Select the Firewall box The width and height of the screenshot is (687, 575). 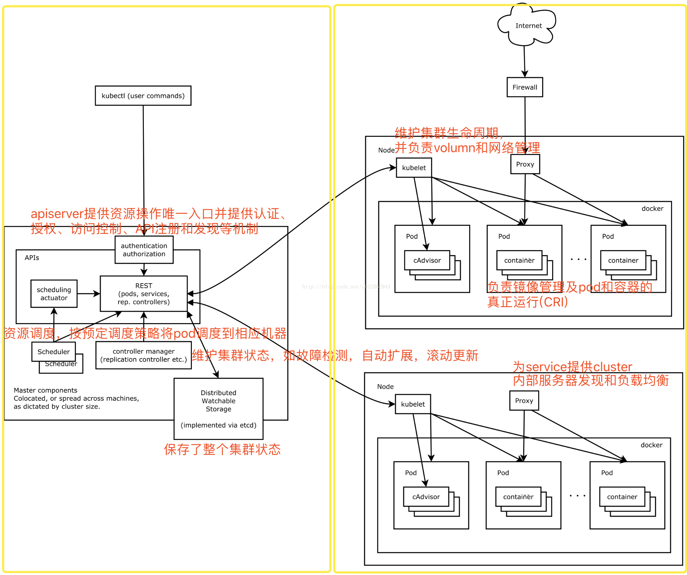click(525, 87)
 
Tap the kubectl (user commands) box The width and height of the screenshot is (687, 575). click(143, 96)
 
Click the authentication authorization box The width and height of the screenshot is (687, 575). click(144, 250)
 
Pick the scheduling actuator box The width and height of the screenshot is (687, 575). click(54, 294)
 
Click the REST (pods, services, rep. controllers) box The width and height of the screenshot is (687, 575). click(143, 294)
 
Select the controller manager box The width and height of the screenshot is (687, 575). click(143, 355)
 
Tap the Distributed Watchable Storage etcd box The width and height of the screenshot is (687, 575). click(218, 409)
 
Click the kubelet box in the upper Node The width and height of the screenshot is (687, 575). click(414, 168)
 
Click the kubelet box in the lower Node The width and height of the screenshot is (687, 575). click(413, 404)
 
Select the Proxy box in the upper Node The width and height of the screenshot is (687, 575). click(525, 164)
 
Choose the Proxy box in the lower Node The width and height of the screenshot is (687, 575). click(524, 400)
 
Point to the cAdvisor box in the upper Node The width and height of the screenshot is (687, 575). click(427, 260)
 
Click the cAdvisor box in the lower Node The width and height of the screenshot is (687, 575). click(426, 497)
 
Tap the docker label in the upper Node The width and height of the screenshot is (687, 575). click(652, 209)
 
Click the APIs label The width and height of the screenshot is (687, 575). click(32, 258)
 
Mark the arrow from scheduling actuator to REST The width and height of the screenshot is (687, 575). click(88, 294)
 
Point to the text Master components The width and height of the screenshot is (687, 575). click(45, 390)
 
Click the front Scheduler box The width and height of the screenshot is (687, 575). click(53, 352)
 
